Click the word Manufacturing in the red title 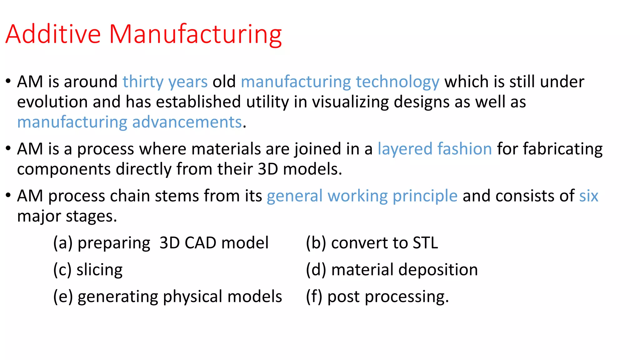pos(195,34)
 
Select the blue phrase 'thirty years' pos(165,82)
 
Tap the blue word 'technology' pos(397,82)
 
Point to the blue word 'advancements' pos(187,122)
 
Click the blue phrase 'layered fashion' pos(435,149)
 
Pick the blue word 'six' pos(588,196)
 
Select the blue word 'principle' pos(425,197)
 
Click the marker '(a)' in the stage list pos(63,243)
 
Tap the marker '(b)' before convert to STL pos(316,243)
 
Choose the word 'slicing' pos(99,270)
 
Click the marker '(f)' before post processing pos(314,297)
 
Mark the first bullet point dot pos(8,82)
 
